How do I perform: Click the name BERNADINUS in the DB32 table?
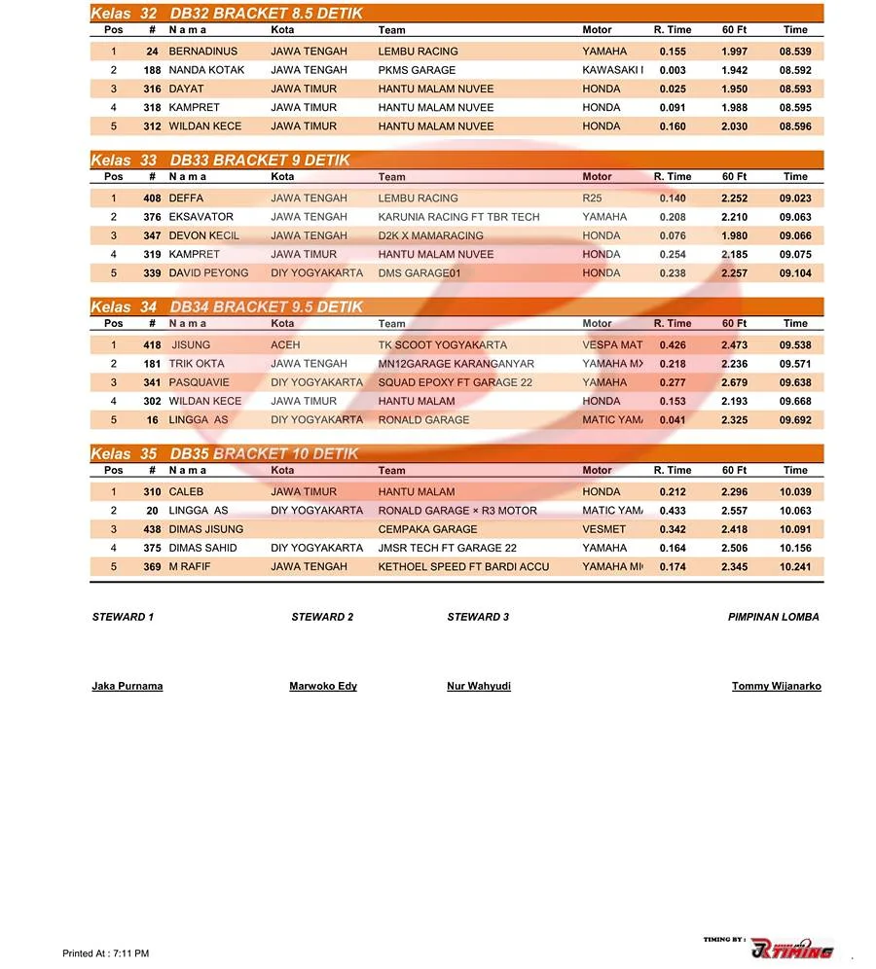point(202,52)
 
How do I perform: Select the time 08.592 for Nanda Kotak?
point(794,70)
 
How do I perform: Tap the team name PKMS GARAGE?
point(417,70)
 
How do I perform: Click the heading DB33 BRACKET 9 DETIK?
point(260,161)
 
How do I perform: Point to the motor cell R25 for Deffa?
point(592,198)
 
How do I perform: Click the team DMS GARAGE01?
point(419,273)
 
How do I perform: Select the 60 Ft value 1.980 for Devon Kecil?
point(734,235)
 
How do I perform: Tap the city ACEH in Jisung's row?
point(285,345)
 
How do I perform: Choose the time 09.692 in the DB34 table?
point(794,420)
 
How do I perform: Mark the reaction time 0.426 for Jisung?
point(673,345)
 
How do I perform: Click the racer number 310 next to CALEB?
point(152,492)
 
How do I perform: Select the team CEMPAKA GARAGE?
point(427,529)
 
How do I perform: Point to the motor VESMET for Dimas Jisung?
point(604,529)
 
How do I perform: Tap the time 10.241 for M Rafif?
point(794,567)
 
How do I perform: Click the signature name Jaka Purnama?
point(128,686)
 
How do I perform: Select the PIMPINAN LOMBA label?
point(773,617)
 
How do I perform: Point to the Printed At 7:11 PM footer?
point(105,953)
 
